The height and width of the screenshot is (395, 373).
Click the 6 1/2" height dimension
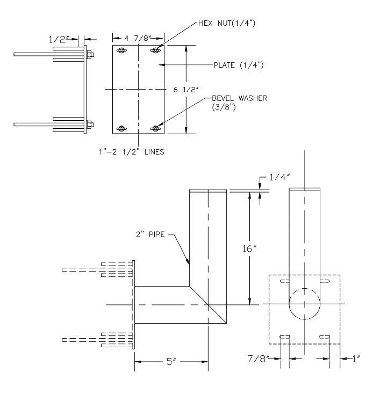(x=183, y=90)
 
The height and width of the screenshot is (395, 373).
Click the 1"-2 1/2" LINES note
(x=136, y=152)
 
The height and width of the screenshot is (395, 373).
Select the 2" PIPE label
(x=150, y=233)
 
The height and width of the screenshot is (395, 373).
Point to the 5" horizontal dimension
(x=171, y=362)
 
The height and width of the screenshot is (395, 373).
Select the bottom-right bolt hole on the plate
(x=156, y=128)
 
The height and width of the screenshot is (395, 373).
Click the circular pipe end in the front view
(x=304, y=304)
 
